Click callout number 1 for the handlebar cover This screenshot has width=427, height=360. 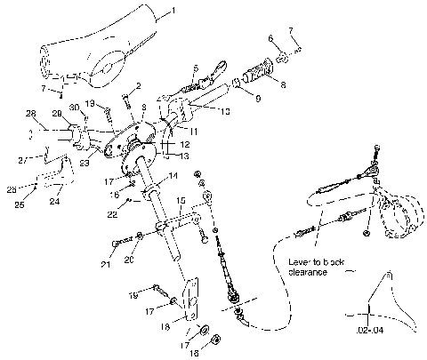click(173, 11)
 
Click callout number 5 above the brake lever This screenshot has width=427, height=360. click(196, 68)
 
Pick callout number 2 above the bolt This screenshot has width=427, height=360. click(139, 85)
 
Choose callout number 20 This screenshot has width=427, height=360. click(128, 259)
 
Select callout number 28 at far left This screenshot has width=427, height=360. click(30, 113)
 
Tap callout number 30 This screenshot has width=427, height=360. click(75, 108)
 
